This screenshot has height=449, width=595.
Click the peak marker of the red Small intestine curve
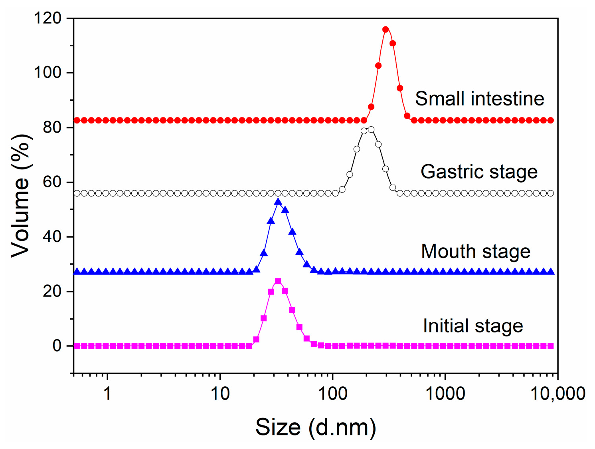click(x=385, y=30)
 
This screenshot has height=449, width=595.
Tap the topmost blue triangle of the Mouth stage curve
click(x=278, y=202)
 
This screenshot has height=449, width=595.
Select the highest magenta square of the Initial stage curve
click(x=278, y=281)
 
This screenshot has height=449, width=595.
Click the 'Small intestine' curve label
click(x=479, y=99)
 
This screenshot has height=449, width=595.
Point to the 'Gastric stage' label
click(x=479, y=172)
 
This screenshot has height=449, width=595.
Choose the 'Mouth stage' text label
click(x=476, y=252)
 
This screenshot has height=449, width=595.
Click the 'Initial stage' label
click(x=473, y=326)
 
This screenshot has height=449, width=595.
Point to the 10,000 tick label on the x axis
click(x=557, y=394)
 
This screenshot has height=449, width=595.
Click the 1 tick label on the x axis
click(x=107, y=394)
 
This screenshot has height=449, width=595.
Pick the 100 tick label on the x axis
click(x=332, y=394)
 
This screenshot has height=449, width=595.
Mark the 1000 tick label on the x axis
click(x=445, y=394)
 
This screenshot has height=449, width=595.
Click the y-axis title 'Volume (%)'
click(x=21, y=196)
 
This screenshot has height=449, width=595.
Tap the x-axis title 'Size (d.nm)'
click(x=315, y=427)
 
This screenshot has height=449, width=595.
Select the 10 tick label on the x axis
click(x=220, y=394)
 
